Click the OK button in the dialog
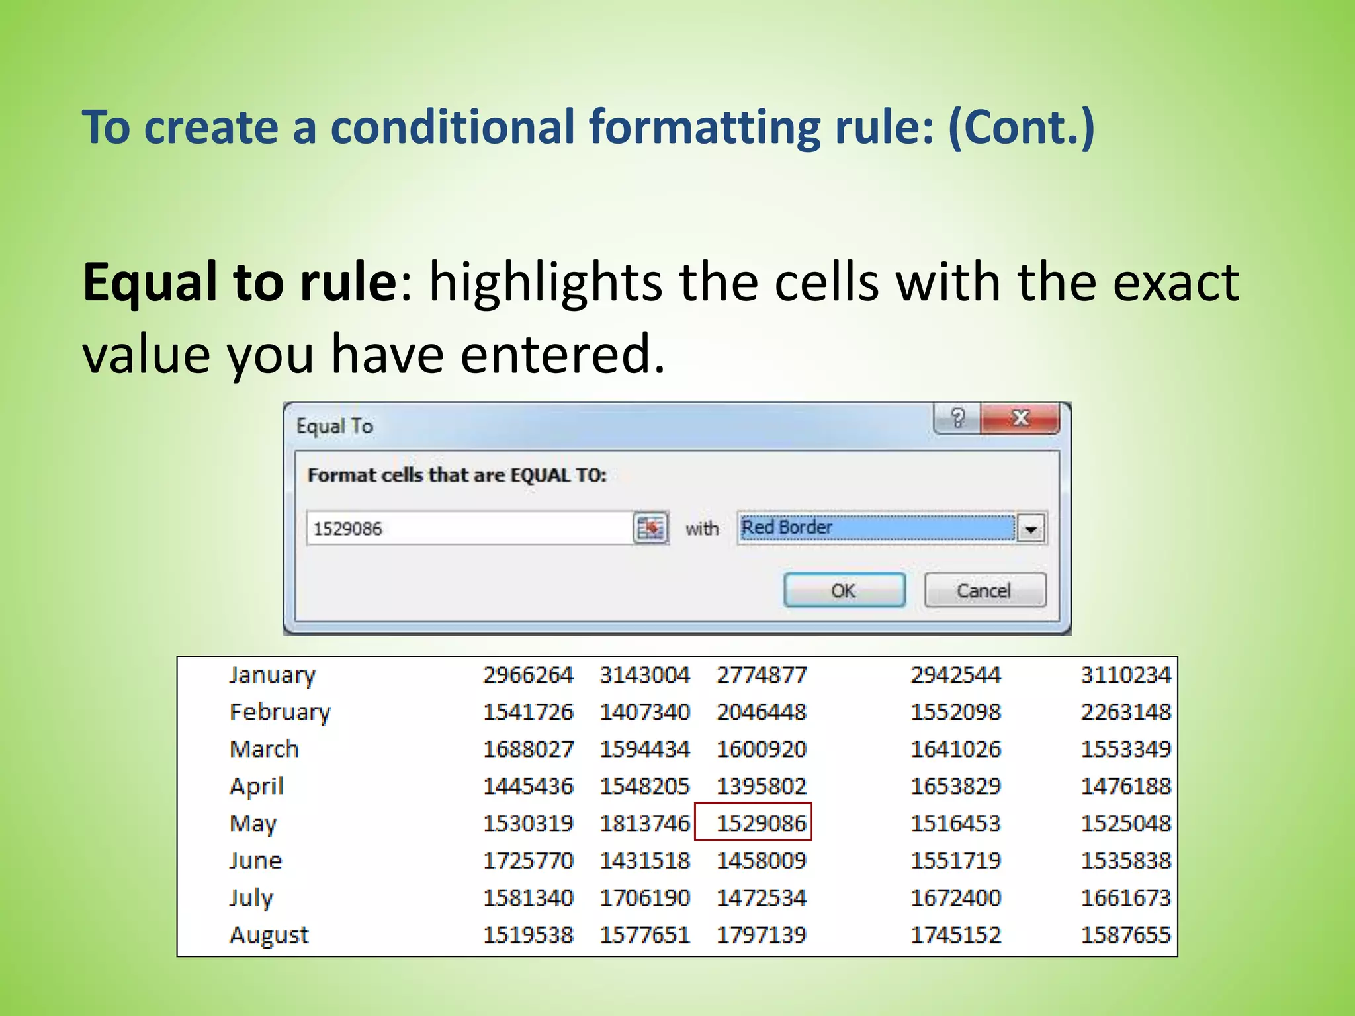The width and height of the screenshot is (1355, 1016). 844,590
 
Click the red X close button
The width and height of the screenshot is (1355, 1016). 1021,418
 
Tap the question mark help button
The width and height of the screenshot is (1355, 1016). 957,418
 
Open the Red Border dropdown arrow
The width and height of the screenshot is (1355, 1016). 1031,529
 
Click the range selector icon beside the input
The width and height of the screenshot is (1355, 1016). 650,529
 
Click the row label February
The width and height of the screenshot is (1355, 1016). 280,712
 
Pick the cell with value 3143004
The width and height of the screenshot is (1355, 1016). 644,675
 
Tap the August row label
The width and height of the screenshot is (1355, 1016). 269,935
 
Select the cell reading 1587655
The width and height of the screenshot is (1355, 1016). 1125,935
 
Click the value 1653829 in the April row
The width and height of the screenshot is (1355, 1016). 955,786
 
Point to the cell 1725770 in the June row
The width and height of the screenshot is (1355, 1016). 528,861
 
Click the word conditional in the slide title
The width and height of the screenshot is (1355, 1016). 453,127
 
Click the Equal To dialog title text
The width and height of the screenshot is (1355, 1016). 335,426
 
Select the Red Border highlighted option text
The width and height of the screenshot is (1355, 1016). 787,527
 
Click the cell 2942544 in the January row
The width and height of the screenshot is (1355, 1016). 955,675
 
